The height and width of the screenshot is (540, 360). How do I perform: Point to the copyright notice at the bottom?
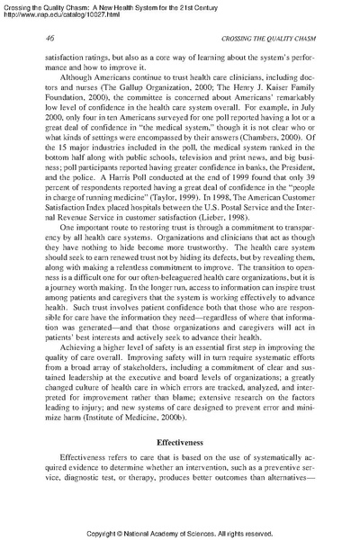(x=180, y=530)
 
